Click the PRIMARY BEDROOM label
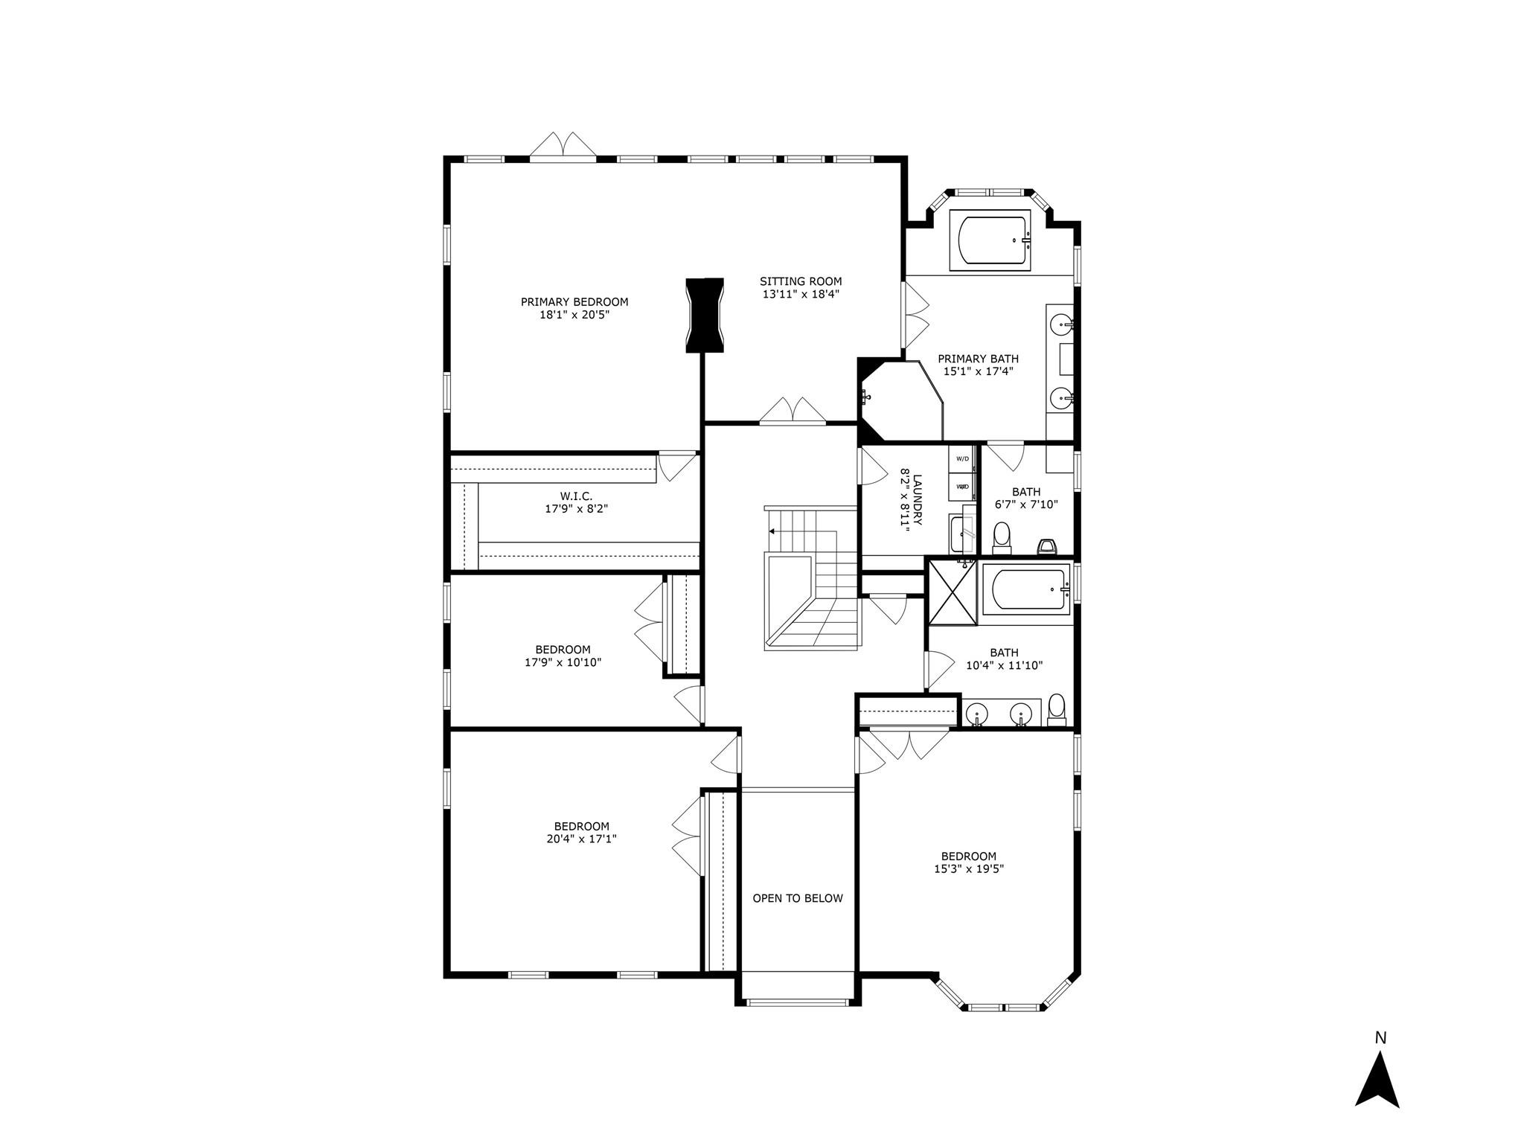click(x=574, y=302)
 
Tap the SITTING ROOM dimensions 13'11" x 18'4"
click(x=801, y=294)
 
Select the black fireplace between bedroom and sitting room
click(x=704, y=315)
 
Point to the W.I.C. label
click(x=576, y=496)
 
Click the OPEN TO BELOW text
click(x=798, y=898)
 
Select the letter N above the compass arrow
click(x=1380, y=1038)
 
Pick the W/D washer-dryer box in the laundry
click(x=962, y=458)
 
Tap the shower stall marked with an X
click(x=952, y=592)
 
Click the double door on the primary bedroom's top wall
click(x=563, y=147)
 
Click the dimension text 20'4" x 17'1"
click(x=581, y=839)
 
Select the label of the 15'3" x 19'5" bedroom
click(x=968, y=856)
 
